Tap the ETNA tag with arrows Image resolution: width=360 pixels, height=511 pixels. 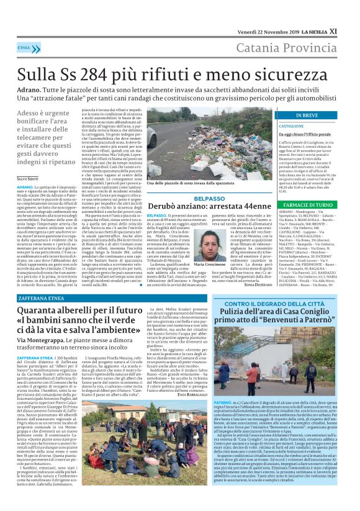tap(25, 47)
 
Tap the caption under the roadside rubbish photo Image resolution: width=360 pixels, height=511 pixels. tap(186, 184)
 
